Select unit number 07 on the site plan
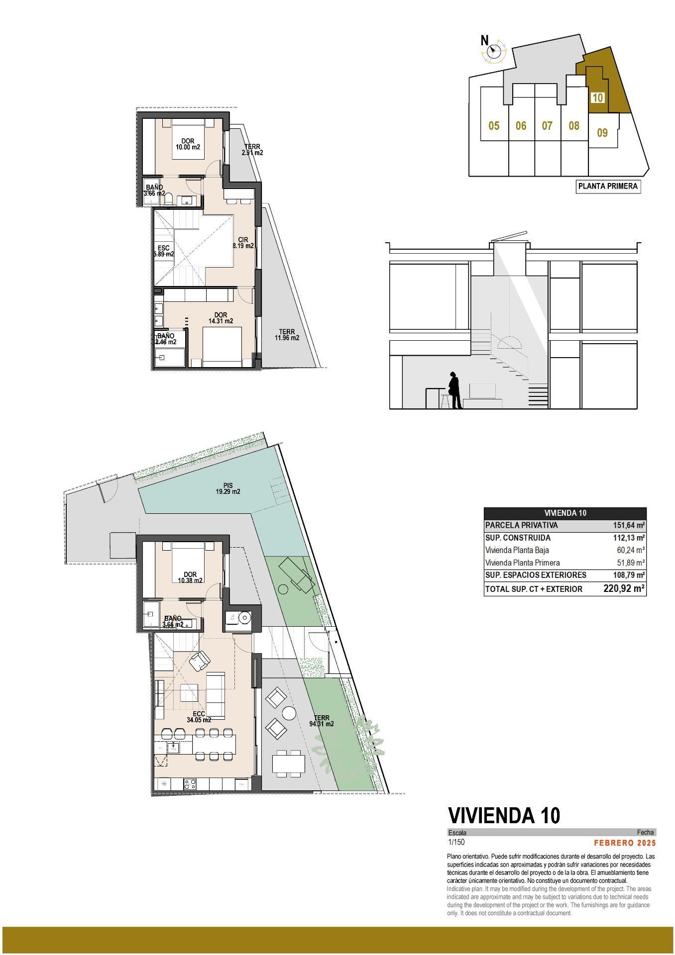[547, 125]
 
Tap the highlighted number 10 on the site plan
[597, 97]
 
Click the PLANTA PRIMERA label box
[608, 187]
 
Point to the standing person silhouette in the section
[454, 390]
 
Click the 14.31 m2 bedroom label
[221, 318]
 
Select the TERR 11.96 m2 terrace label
[287, 335]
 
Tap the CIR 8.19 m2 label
[243, 243]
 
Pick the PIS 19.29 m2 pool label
[228, 489]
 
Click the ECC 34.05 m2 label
[199, 717]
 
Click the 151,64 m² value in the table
[629, 525]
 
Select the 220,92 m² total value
[624, 589]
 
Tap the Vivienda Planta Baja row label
[517, 551]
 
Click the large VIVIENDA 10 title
[504, 815]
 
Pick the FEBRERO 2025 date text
[625, 843]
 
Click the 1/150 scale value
[456, 843]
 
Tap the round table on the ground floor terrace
[289, 713]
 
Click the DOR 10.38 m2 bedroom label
[190, 577]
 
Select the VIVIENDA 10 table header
[564, 513]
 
